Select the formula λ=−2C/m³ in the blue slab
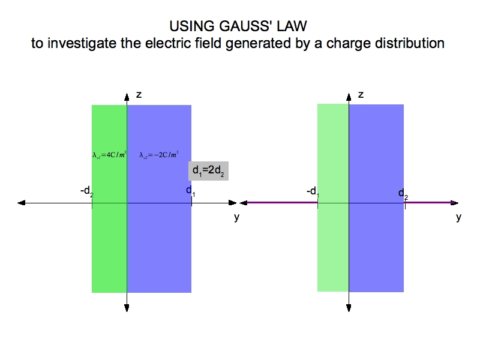tap(159, 155)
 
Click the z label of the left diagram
tap(139, 95)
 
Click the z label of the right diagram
tap(361, 95)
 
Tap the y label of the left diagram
tap(236, 217)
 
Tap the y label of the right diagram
tap(458, 217)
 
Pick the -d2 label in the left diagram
tap(87, 191)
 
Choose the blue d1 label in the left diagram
tap(190, 191)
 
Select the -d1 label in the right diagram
tap(312, 191)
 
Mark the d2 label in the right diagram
tap(403, 193)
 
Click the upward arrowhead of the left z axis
tap(127, 97)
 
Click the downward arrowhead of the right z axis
tap(349, 308)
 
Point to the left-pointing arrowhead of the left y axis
tap(22, 203)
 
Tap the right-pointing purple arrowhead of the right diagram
tap(461, 203)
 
